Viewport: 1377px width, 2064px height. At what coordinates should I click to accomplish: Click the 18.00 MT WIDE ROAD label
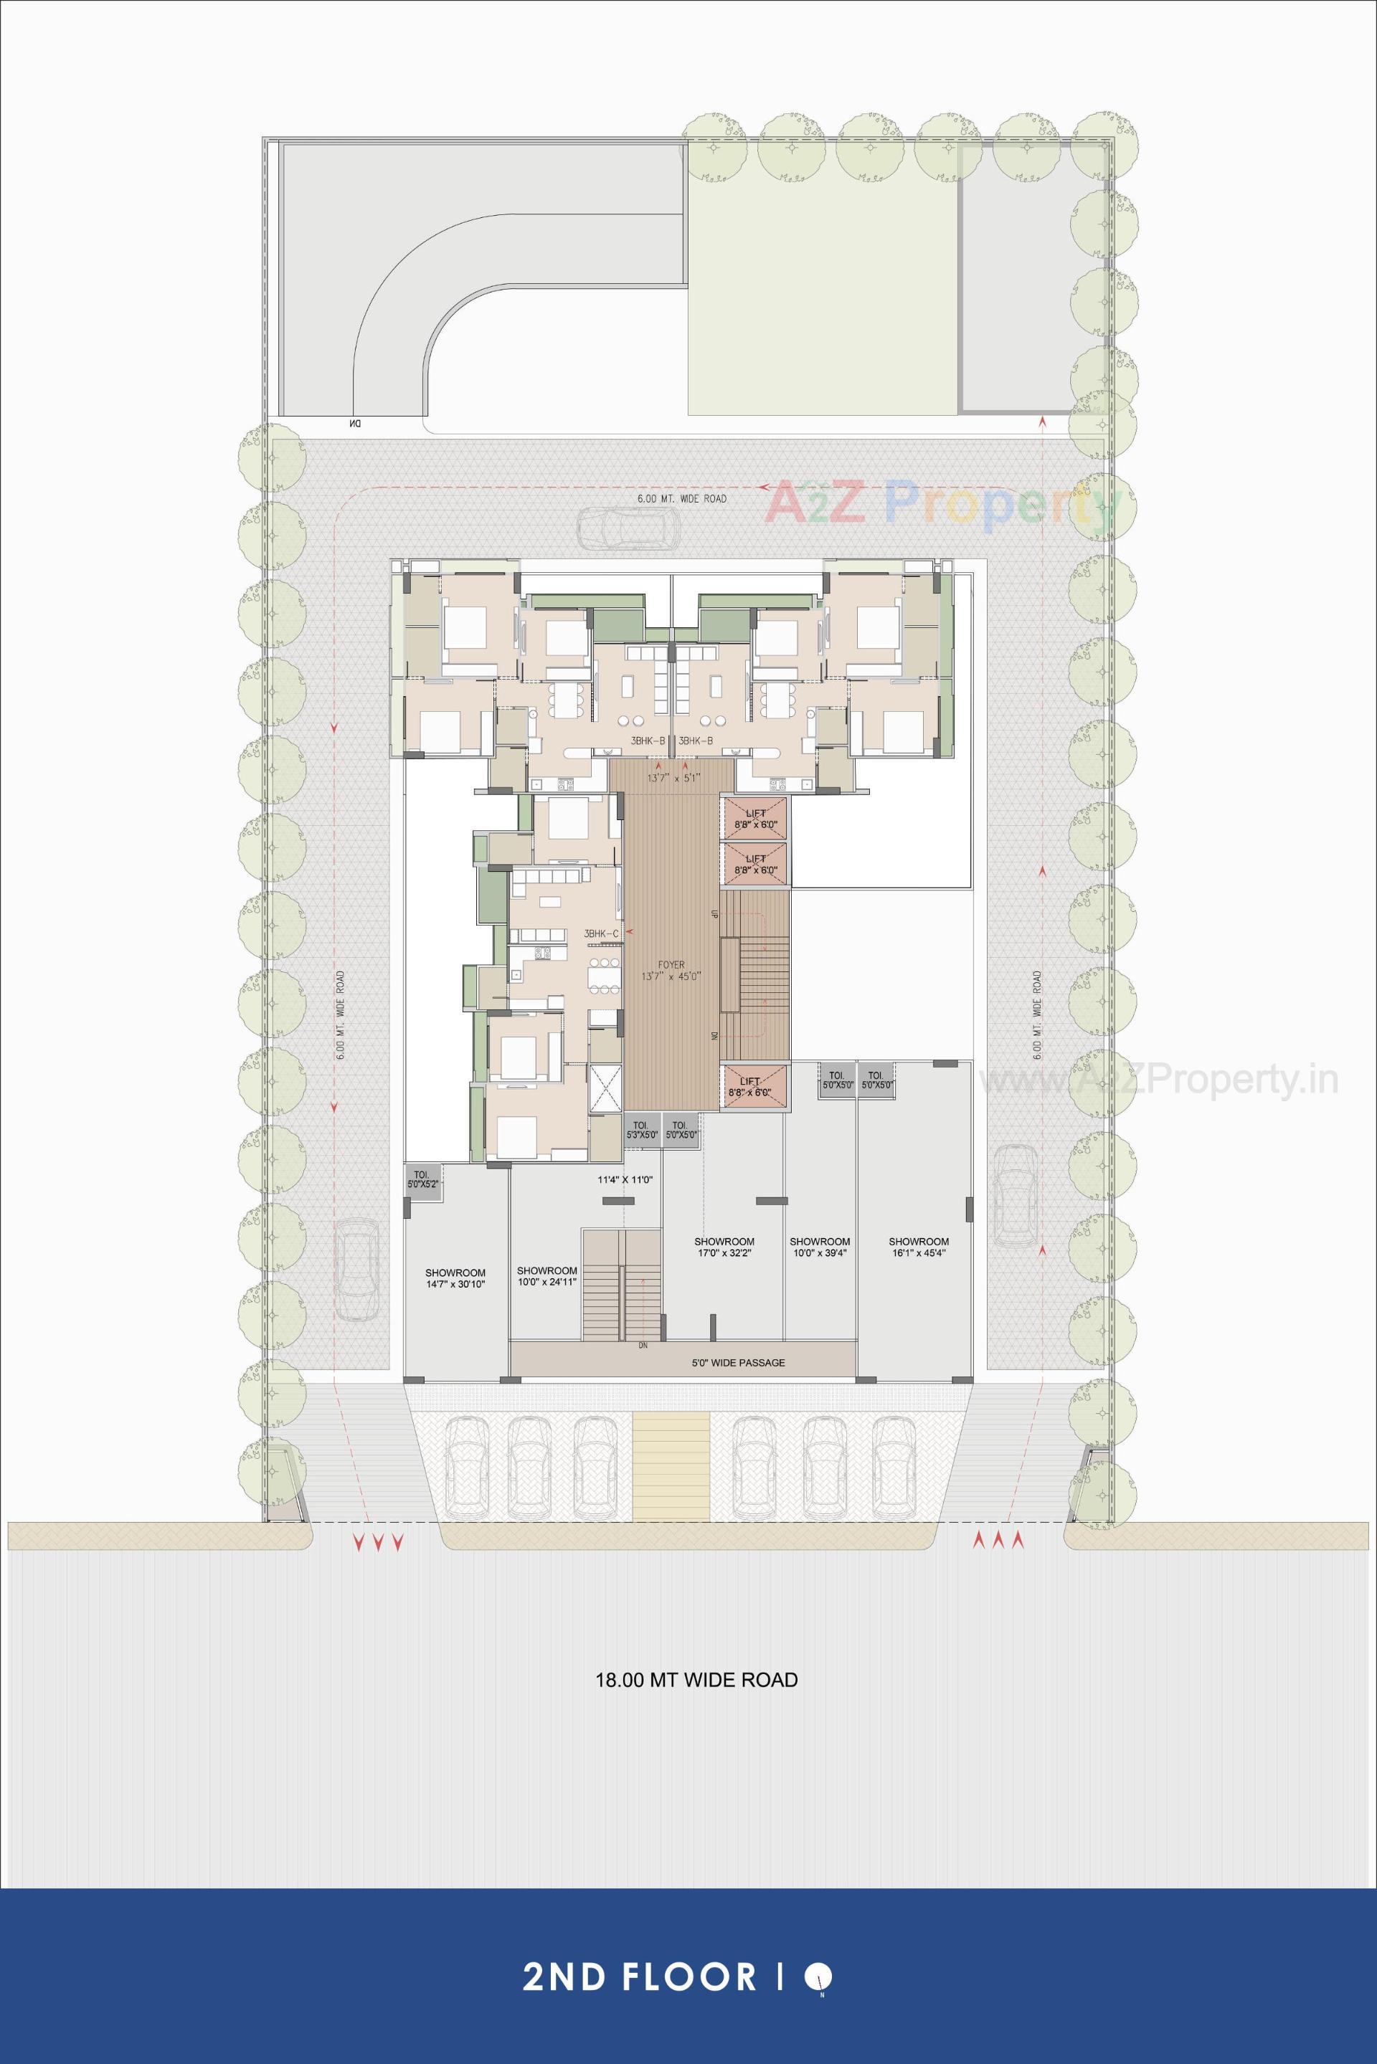tap(696, 1680)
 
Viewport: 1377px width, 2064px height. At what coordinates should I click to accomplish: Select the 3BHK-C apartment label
tap(602, 933)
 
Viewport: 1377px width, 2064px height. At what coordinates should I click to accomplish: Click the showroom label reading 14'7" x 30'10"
tap(455, 1278)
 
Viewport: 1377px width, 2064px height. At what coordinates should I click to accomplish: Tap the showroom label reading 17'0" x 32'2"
tap(724, 1247)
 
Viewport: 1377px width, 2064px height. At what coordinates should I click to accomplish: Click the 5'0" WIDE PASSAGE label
tap(738, 1363)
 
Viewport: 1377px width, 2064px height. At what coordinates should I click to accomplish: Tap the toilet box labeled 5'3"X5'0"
tap(641, 1130)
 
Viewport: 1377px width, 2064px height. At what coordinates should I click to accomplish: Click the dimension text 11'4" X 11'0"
tap(625, 1180)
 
